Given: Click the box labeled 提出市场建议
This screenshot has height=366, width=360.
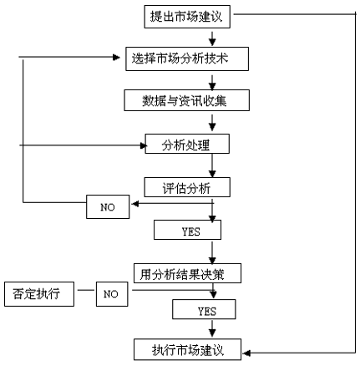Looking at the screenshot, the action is [187, 17].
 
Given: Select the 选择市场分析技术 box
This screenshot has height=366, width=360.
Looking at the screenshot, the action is [187, 58].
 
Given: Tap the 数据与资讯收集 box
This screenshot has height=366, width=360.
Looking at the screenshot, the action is [187, 100].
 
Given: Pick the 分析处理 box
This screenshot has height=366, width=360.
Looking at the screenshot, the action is [187, 144].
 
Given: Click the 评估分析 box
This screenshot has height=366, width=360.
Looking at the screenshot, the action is [187, 187].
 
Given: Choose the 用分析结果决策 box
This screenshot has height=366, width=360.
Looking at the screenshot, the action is [187, 273].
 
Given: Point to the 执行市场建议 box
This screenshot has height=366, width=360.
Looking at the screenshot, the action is [187, 349].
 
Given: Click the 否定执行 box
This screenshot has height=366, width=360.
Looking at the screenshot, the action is [39, 294].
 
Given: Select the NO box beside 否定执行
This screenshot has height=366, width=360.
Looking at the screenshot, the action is [112, 294].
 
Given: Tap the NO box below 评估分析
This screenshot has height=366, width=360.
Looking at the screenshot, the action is [108, 206].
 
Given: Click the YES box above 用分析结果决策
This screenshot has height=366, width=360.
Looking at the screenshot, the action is [187, 230].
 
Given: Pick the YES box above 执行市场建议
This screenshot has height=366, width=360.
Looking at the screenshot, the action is [204, 309].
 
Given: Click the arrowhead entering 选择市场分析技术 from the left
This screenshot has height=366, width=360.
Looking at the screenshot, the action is [116, 58].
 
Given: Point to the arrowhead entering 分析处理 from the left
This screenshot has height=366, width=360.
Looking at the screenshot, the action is [144, 145].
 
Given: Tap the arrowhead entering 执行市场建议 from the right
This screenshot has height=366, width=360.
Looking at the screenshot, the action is [246, 353].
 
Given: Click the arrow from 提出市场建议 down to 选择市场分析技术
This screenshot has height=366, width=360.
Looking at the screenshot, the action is [212, 38].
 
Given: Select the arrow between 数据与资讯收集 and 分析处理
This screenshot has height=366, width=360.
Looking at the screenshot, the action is [212, 123].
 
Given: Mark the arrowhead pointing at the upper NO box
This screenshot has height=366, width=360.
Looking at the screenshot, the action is [134, 204].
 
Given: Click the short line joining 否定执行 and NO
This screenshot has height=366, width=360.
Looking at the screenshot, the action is [86, 290].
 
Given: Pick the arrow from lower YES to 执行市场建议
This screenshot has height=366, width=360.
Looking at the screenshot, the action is [212, 328].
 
